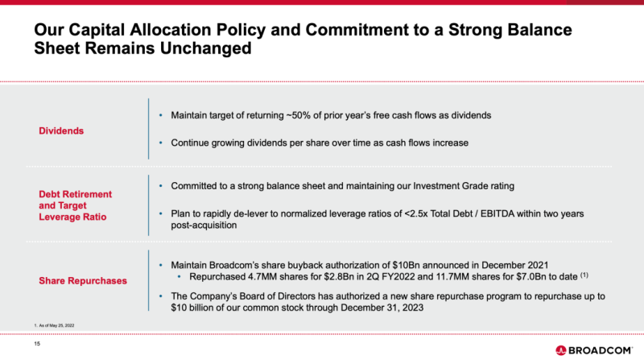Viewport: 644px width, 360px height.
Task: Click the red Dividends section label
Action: coord(61,130)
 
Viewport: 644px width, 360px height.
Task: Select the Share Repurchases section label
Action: coord(83,281)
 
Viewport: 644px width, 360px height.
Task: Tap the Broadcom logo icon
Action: coord(560,350)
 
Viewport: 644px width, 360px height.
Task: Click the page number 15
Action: coord(37,344)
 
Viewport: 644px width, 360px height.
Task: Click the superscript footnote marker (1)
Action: coord(584,275)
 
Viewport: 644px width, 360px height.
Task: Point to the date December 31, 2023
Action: coord(382,308)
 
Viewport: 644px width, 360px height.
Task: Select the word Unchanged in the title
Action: coord(206,48)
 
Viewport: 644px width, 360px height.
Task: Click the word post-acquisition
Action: coord(204,226)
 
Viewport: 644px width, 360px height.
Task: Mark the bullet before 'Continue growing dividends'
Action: coord(160,143)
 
